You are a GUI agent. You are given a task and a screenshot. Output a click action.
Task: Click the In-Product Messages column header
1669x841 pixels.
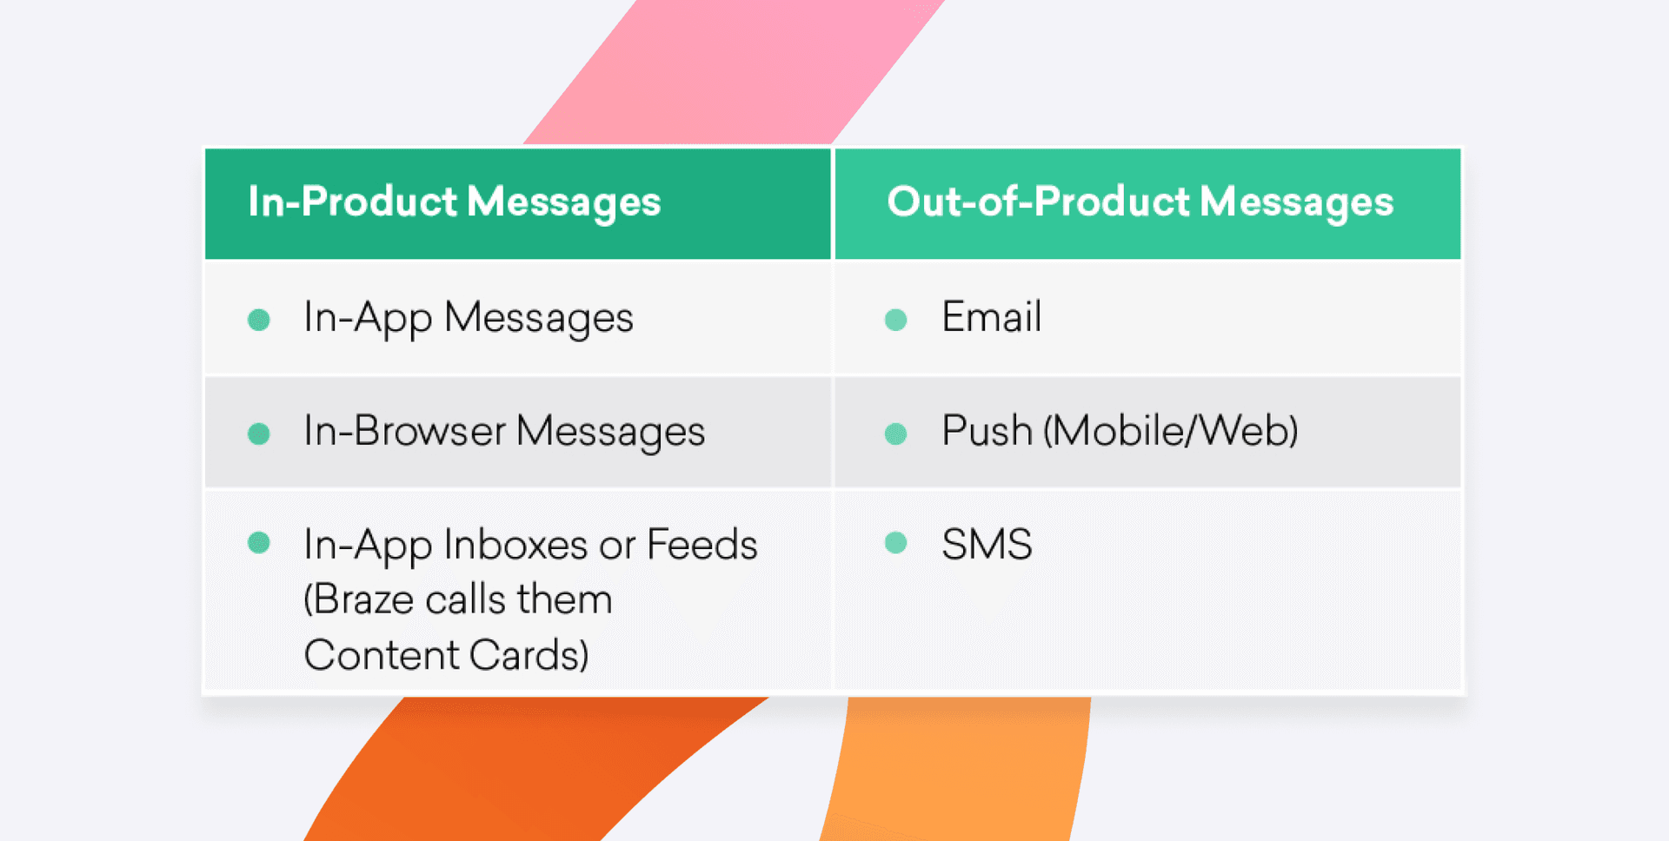point(454,202)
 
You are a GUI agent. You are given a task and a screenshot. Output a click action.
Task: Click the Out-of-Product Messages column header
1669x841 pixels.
point(1140,202)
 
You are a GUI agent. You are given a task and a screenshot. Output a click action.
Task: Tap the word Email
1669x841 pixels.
point(991,317)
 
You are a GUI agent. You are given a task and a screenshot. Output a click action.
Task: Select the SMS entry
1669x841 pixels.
point(987,545)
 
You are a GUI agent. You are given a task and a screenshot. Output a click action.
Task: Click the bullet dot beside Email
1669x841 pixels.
point(895,320)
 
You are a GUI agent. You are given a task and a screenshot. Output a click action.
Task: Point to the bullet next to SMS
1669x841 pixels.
point(895,543)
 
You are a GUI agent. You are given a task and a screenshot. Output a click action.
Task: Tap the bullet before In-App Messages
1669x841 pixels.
point(259,320)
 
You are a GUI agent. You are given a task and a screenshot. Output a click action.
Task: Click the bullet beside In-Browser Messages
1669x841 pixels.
point(259,434)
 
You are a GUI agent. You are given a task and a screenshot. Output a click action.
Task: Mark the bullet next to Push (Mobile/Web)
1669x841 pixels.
point(895,434)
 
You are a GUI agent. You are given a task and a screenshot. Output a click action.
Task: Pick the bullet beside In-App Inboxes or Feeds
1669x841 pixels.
point(259,543)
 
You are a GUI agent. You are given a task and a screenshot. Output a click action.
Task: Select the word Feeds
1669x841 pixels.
point(702,545)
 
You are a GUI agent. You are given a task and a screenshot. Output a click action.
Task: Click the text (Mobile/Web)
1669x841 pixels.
point(1170,431)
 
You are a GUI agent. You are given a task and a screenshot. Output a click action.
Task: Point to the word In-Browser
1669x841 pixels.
point(404,431)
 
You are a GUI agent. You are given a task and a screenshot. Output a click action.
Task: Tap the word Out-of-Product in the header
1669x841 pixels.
point(1038,202)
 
